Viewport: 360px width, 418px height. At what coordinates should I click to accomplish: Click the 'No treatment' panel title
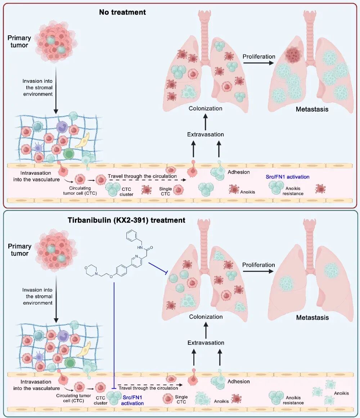click(x=122, y=12)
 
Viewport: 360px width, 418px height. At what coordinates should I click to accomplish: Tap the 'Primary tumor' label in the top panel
click(x=19, y=42)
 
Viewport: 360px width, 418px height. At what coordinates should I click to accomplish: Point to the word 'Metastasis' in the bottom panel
click(x=312, y=318)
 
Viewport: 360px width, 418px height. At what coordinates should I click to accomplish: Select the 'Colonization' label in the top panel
click(x=206, y=108)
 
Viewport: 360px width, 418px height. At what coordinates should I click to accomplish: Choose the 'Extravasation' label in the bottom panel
click(x=206, y=343)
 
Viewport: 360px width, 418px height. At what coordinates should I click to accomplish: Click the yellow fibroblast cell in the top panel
click(x=82, y=142)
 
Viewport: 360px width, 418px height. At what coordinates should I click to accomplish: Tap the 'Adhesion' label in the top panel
click(x=239, y=172)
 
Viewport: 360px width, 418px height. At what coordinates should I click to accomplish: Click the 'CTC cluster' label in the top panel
click(x=127, y=192)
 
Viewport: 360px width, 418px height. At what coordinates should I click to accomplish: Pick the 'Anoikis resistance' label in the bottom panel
click(x=293, y=400)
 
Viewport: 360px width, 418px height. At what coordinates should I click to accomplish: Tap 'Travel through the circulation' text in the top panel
click(x=142, y=176)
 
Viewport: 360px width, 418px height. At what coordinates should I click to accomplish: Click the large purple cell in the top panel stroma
click(x=62, y=127)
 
